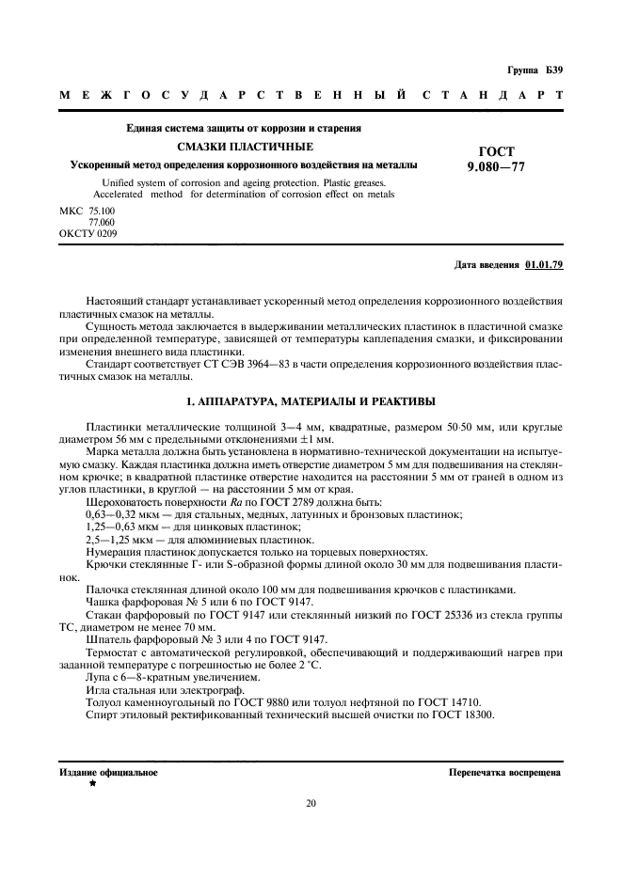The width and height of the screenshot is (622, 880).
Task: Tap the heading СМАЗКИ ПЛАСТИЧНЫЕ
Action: (246, 147)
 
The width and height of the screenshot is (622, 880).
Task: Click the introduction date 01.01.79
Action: (543, 264)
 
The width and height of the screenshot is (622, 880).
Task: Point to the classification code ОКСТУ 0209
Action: (88, 232)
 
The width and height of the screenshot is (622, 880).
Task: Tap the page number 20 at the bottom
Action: (311, 802)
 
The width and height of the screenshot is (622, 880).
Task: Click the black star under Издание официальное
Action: (92, 782)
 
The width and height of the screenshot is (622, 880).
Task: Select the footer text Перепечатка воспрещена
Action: (506, 772)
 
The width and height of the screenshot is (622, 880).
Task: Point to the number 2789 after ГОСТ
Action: (284, 503)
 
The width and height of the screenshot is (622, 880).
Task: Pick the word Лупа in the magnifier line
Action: (99, 677)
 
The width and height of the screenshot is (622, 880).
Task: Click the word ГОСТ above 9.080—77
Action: (497, 151)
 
